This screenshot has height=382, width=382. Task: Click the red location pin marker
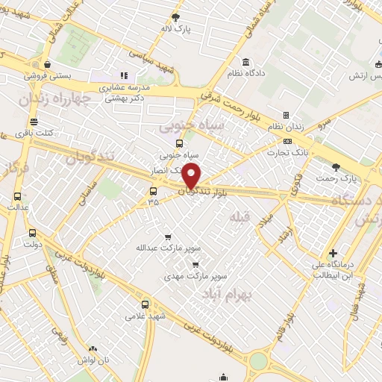pyautogui.click(x=192, y=177)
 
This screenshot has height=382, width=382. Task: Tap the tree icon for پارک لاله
pyautogui.click(x=176, y=16)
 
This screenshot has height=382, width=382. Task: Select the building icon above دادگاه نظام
pyautogui.click(x=245, y=62)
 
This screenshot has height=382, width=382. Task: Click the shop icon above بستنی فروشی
pyautogui.click(x=48, y=64)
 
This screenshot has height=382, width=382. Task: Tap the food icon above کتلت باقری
pyautogui.click(x=34, y=122)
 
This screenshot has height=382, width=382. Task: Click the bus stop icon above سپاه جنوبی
pyautogui.click(x=179, y=144)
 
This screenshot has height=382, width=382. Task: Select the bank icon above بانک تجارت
pyautogui.click(x=287, y=141)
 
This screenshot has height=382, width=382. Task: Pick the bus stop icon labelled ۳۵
pyautogui.click(x=153, y=190)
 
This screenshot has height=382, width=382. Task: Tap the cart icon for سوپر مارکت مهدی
pyautogui.click(x=195, y=264)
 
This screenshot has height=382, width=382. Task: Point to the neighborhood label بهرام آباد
pyautogui.click(x=228, y=295)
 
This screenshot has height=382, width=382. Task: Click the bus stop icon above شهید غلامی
pyautogui.click(x=145, y=304)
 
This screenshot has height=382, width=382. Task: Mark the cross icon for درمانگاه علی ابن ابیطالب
pyautogui.click(x=333, y=253)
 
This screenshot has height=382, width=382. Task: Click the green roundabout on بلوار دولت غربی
pyautogui.click(x=258, y=362)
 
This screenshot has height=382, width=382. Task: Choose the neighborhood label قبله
pyautogui.click(x=239, y=217)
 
